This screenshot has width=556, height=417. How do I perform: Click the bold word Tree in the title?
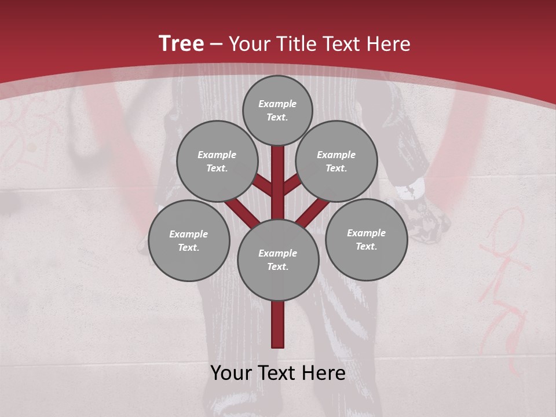pos(181,43)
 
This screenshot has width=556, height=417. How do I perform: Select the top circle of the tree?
pos(277,110)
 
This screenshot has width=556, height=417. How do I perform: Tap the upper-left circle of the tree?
pos(217,161)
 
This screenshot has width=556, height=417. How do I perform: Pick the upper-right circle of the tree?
pos(336,161)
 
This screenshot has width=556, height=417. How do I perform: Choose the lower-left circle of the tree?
pos(189,240)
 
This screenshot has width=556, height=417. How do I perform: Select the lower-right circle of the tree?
pos(366,239)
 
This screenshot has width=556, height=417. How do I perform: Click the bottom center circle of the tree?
pos(278,259)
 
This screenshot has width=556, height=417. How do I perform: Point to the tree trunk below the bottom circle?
pos(278,324)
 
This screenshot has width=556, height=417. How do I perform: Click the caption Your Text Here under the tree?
pos(278,373)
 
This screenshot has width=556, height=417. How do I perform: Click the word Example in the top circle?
pos(277,104)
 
